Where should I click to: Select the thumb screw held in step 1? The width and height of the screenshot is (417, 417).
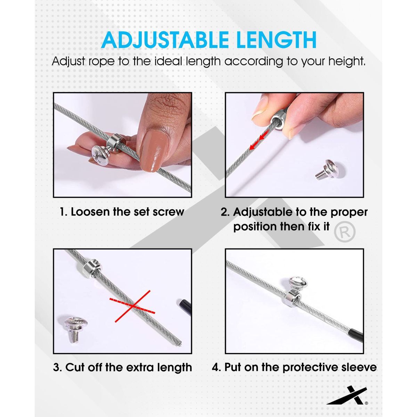tap(101, 155)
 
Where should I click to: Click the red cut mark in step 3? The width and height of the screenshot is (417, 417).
tap(132, 306)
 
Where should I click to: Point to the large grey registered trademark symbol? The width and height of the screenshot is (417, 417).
tap(345, 232)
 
